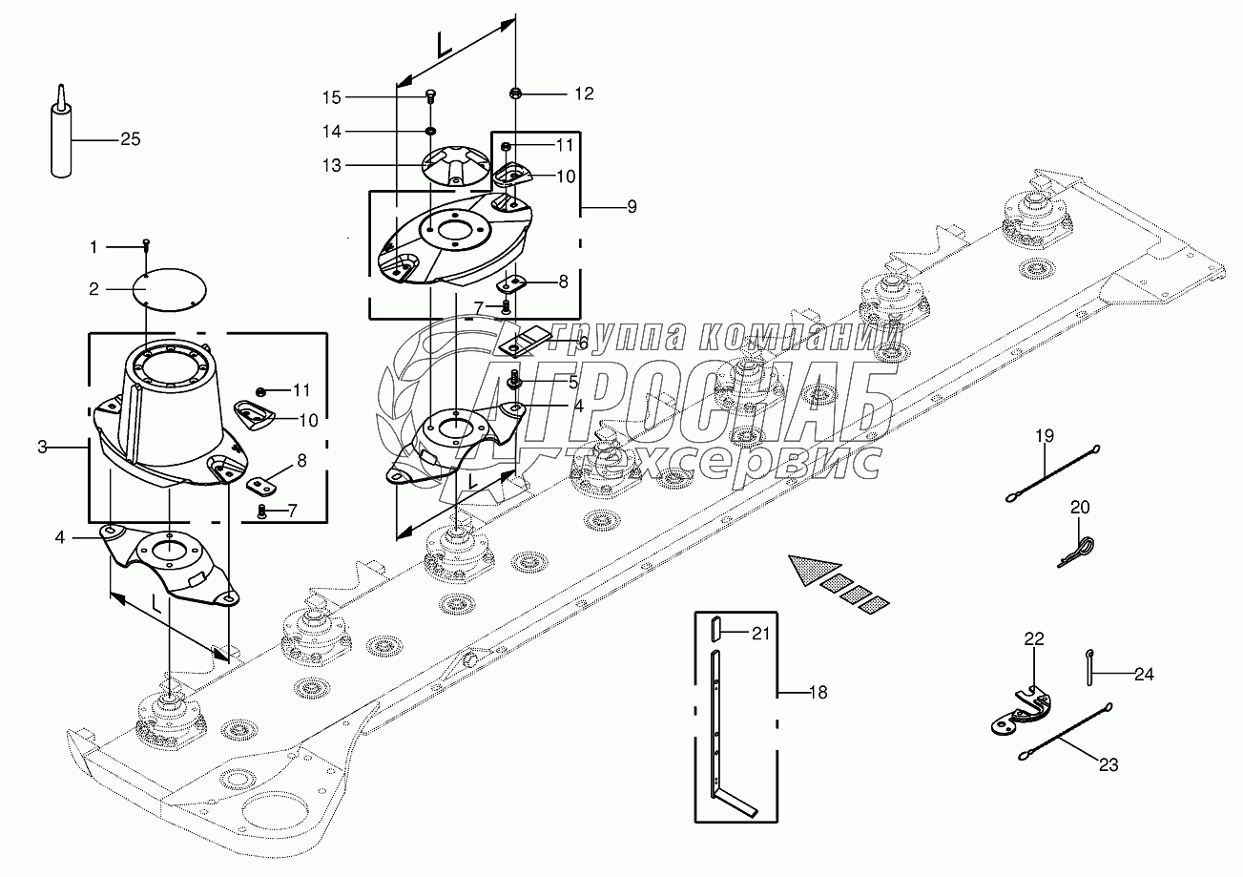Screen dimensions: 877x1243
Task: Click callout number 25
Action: tap(130, 139)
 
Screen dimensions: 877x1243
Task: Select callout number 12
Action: tap(583, 94)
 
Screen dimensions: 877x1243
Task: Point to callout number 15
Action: tap(331, 96)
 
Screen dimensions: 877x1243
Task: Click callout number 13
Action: tap(331, 165)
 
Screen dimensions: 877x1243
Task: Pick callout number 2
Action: tap(93, 288)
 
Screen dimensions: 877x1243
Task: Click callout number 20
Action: tap(1079, 507)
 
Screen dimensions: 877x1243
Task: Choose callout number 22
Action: tap(1035, 638)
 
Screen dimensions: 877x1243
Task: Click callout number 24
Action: tap(1144, 674)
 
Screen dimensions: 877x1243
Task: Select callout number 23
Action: tap(1108, 763)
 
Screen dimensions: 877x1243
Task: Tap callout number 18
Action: tap(817, 692)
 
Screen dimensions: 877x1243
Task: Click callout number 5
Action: tap(573, 382)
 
